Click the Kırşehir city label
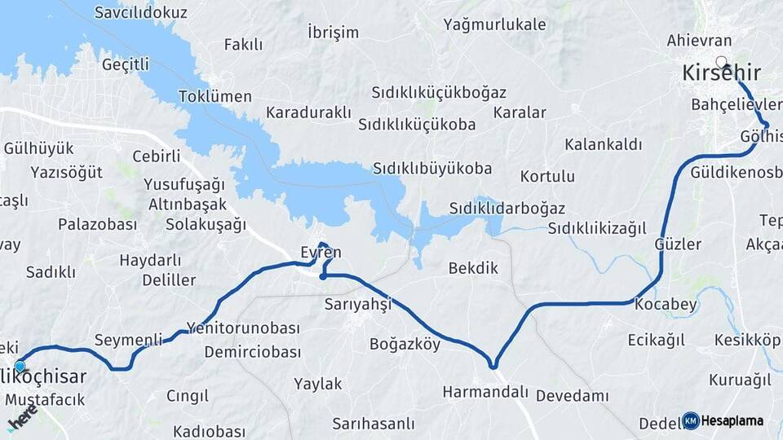point(721,74)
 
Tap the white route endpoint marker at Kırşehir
point(721,61)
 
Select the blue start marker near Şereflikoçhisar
point(20,367)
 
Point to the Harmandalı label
point(485,392)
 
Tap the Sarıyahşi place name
point(358,304)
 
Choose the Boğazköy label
point(405,344)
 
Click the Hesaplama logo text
point(732,420)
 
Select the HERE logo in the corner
point(22,420)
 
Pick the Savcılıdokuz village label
point(141,13)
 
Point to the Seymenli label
point(128,339)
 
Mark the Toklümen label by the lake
point(215,96)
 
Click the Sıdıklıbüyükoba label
point(432,169)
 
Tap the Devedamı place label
point(573,395)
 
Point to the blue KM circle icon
point(691,420)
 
